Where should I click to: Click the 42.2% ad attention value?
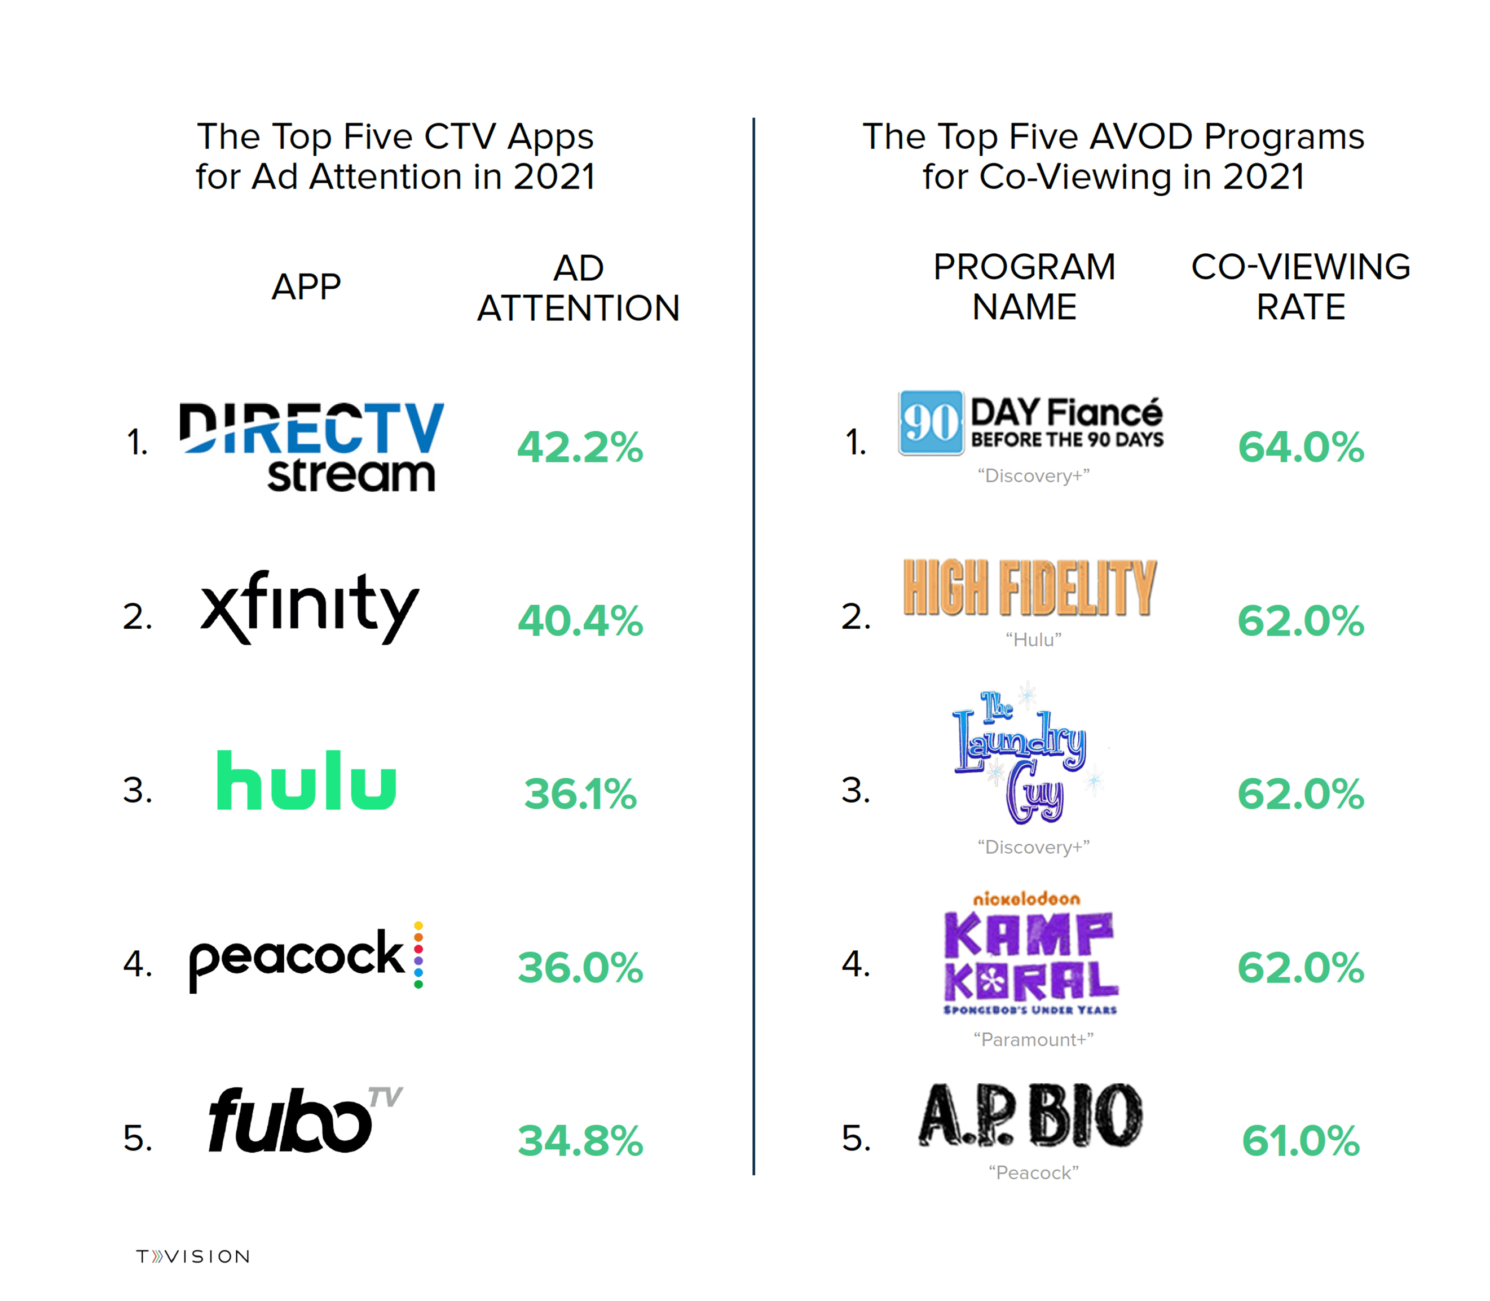pos(579,447)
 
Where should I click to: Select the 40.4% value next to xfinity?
pos(579,621)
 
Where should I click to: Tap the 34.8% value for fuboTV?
pos(579,1140)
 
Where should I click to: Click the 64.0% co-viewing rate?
pos(1301,447)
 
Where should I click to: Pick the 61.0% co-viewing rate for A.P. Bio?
pos(1301,1140)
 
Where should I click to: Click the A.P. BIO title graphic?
pos(1030,1117)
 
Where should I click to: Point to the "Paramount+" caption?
pos(1033,1040)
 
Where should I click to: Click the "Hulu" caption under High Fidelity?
pos(1033,640)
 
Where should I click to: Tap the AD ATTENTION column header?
pos(578,288)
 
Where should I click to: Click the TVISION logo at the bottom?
pos(193,1256)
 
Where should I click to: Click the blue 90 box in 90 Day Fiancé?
pos(931,422)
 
